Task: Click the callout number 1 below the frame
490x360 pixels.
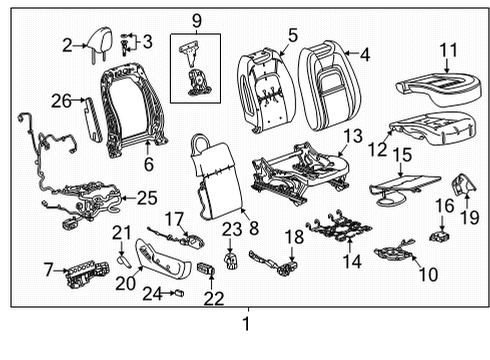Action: [246, 324]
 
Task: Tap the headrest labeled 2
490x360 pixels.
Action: [100, 44]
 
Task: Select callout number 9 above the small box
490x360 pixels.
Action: [196, 19]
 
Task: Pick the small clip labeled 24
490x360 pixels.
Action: [180, 294]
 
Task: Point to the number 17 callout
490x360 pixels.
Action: [175, 218]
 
